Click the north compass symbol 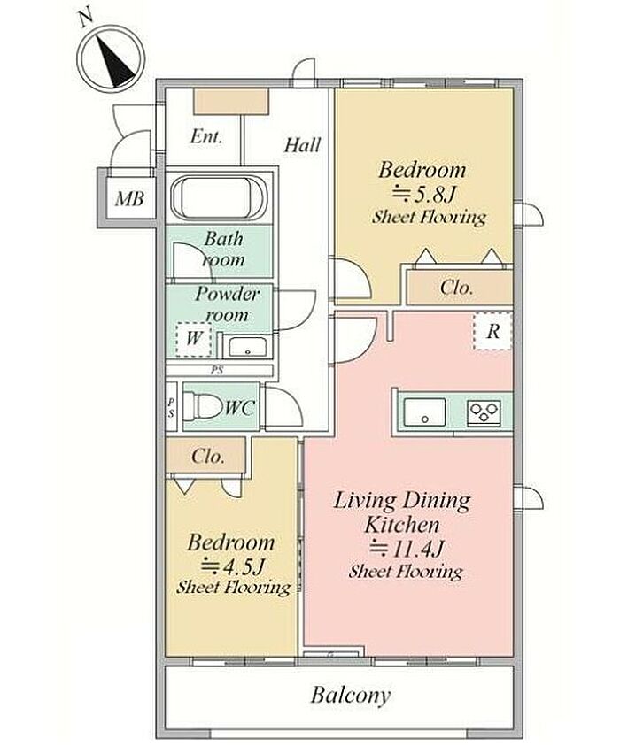(112, 58)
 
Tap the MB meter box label (129, 198)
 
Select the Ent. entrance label (206, 136)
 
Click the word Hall (302, 145)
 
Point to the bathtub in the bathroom (219, 197)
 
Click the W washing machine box (193, 339)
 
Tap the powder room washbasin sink (247, 347)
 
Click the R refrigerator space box (492, 331)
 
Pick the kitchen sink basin (424, 412)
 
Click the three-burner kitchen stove (484, 412)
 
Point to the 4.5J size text (233, 566)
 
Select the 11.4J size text (406, 549)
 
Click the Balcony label (350, 696)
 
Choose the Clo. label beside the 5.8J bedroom (456, 288)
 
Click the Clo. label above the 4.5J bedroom (208, 456)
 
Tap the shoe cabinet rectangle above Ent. (231, 102)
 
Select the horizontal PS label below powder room (217, 371)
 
